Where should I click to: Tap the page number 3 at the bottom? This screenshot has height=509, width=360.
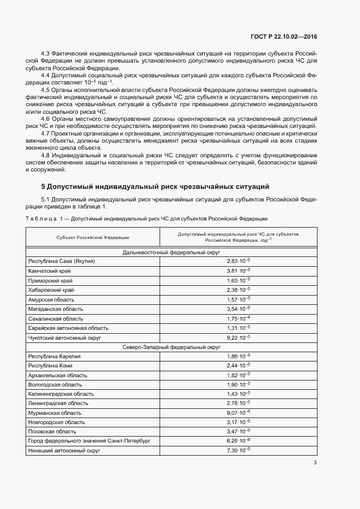(315, 463)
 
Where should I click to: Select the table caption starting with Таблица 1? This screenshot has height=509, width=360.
(147, 218)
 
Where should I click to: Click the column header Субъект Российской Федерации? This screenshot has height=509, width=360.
(93, 237)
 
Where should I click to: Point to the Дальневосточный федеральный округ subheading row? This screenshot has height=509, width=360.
(171, 252)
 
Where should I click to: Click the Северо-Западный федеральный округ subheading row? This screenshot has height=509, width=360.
(171, 346)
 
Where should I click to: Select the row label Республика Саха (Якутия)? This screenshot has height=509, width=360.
(62, 261)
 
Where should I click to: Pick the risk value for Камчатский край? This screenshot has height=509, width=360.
(239, 271)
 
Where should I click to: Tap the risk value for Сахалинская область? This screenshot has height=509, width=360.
(239, 318)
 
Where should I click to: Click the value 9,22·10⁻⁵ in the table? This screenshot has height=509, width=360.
(239, 337)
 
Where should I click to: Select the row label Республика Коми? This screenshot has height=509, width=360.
(50, 365)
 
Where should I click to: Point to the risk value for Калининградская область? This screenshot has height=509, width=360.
(239, 394)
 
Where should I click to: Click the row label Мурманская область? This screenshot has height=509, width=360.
(55, 413)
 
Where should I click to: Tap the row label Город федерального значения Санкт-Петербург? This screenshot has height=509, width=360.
(89, 441)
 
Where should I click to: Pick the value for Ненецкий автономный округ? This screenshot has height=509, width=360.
(239, 450)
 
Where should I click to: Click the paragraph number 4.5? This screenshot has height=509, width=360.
(46, 89)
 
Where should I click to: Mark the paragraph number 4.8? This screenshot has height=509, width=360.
(46, 156)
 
